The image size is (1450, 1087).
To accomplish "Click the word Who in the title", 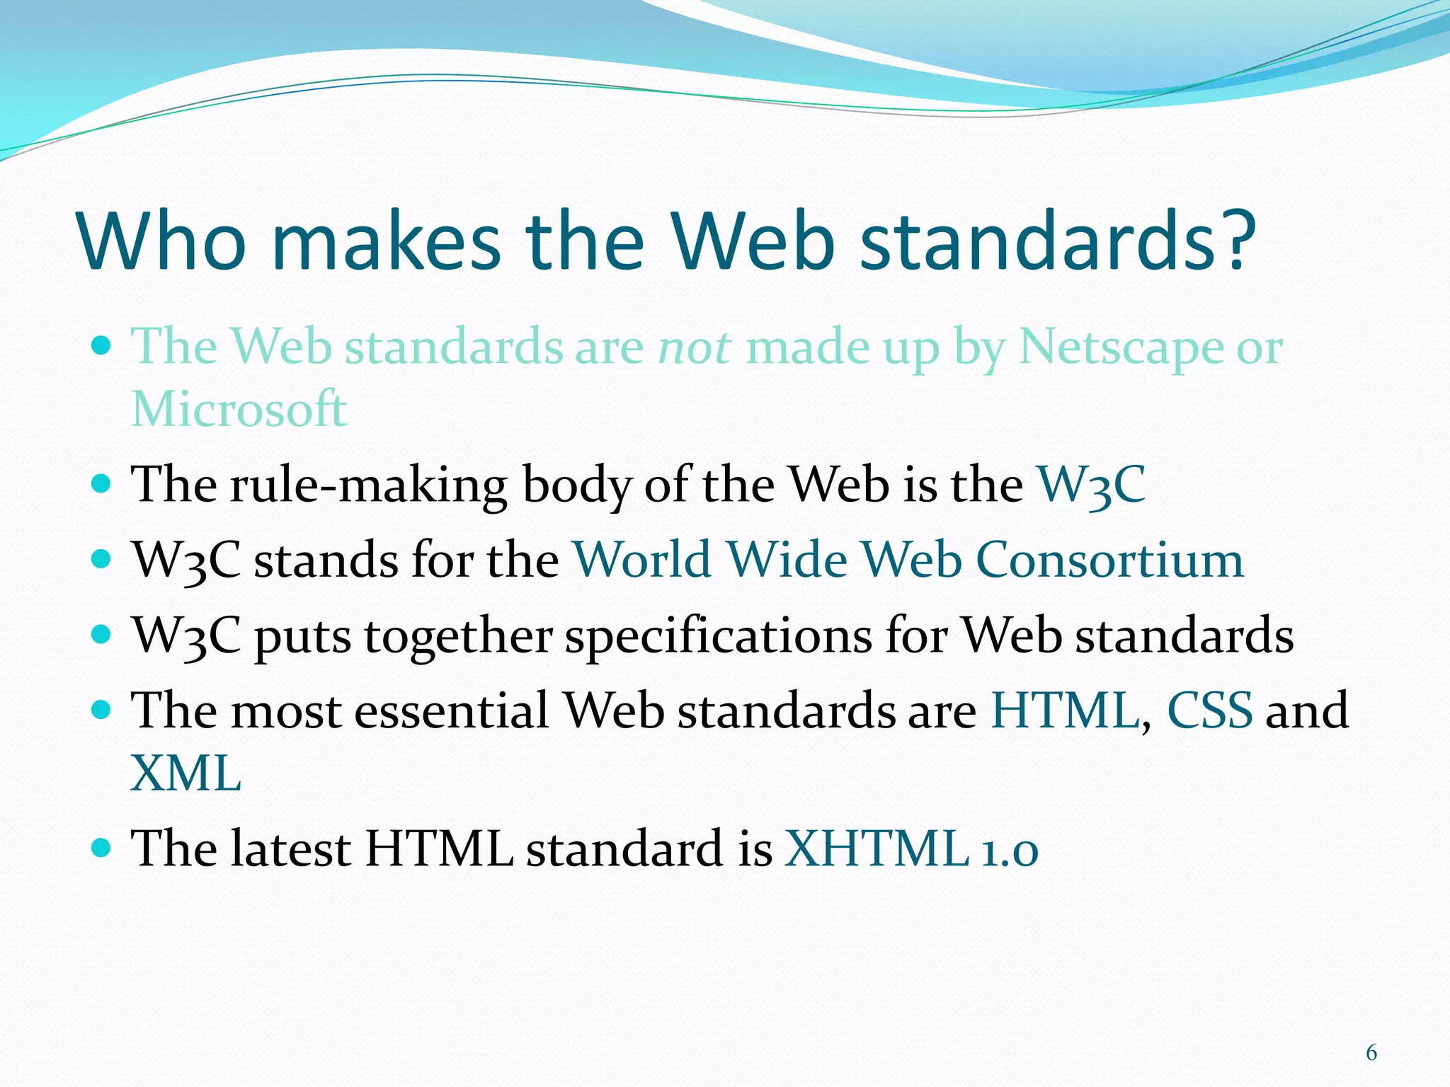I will pos(163,241).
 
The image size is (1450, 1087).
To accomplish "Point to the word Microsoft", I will pos(239,410).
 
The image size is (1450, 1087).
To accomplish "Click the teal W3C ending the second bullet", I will pos(1091,485).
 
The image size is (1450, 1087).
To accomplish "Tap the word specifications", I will pos(718,635).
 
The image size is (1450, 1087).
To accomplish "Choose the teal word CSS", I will pos(1209,711).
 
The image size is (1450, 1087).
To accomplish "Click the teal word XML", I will pos(185,773).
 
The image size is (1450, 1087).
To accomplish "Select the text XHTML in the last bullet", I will pos(877,849).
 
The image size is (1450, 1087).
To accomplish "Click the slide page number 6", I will pos(1371,1053).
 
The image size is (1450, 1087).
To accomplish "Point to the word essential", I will pos(451,711).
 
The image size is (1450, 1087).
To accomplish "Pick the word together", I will pos(457,635).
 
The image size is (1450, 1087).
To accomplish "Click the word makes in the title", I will pos(387,241).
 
